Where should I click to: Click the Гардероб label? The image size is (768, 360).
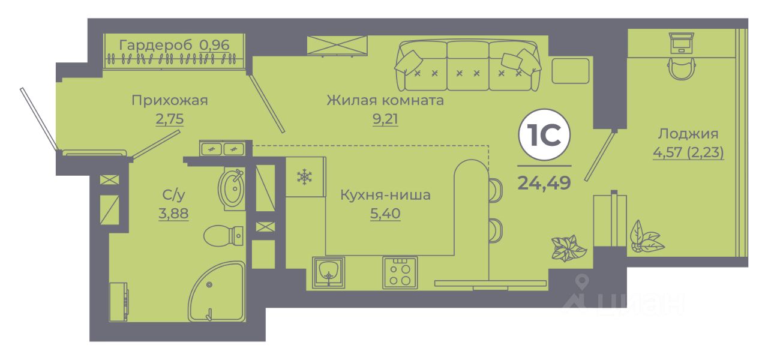pyautogui.click(x=155, y=45)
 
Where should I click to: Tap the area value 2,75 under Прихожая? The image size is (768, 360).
pyautogui.click(x=170, y=119)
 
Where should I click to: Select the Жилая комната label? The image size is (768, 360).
pyautogui.click(x=385, y=100)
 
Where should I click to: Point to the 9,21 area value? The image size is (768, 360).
pyautogui.click(x=385, y=119)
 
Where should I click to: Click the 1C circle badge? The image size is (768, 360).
pyautogui.click(x=544, y=135)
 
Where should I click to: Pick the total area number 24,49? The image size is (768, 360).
pyautogui.click(x=544, y=183)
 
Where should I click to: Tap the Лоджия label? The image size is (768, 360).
pyautogui.click(x=688, y=134)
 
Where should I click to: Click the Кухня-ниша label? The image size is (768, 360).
pyautogui.click(x=385, y=195)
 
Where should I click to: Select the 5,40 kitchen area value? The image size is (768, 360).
pyautogui.click(x=385, y=213)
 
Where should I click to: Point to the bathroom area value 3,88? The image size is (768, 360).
pyautogui.click(x=173, y=213)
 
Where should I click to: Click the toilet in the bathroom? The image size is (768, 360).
pyautogui.click(x=224, y=236)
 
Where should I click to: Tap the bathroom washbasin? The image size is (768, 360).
pyautogui.click(x=232, y=188)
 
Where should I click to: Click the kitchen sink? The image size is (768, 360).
pyautogui.click(x=328, y=272)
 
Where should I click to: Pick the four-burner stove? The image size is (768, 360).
pyautogui.click(x=400, y=272)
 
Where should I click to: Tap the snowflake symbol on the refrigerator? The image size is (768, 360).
pyautogui.click(x=304, y=177)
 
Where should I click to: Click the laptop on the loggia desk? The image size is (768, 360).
pyautogui.click(x=681, y=43)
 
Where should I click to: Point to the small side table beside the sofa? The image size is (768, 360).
pyautogui.click(x=570, y=71)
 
